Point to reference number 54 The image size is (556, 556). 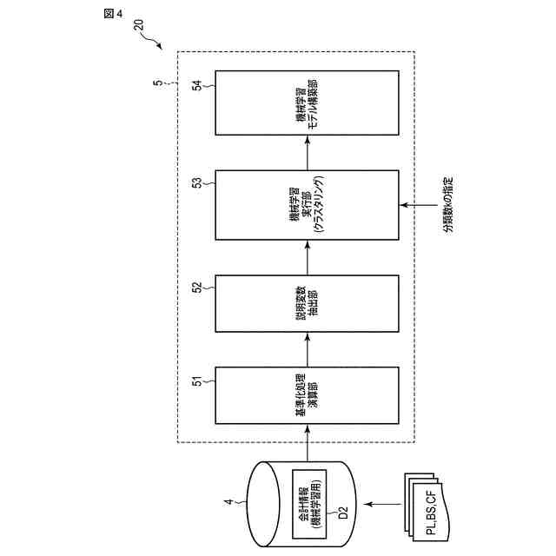click(x=197, y=85)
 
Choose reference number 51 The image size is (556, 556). click(x=197, y=380)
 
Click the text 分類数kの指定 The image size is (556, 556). click(x=447, y=205)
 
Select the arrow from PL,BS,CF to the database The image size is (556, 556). click(x=380, y=504)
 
